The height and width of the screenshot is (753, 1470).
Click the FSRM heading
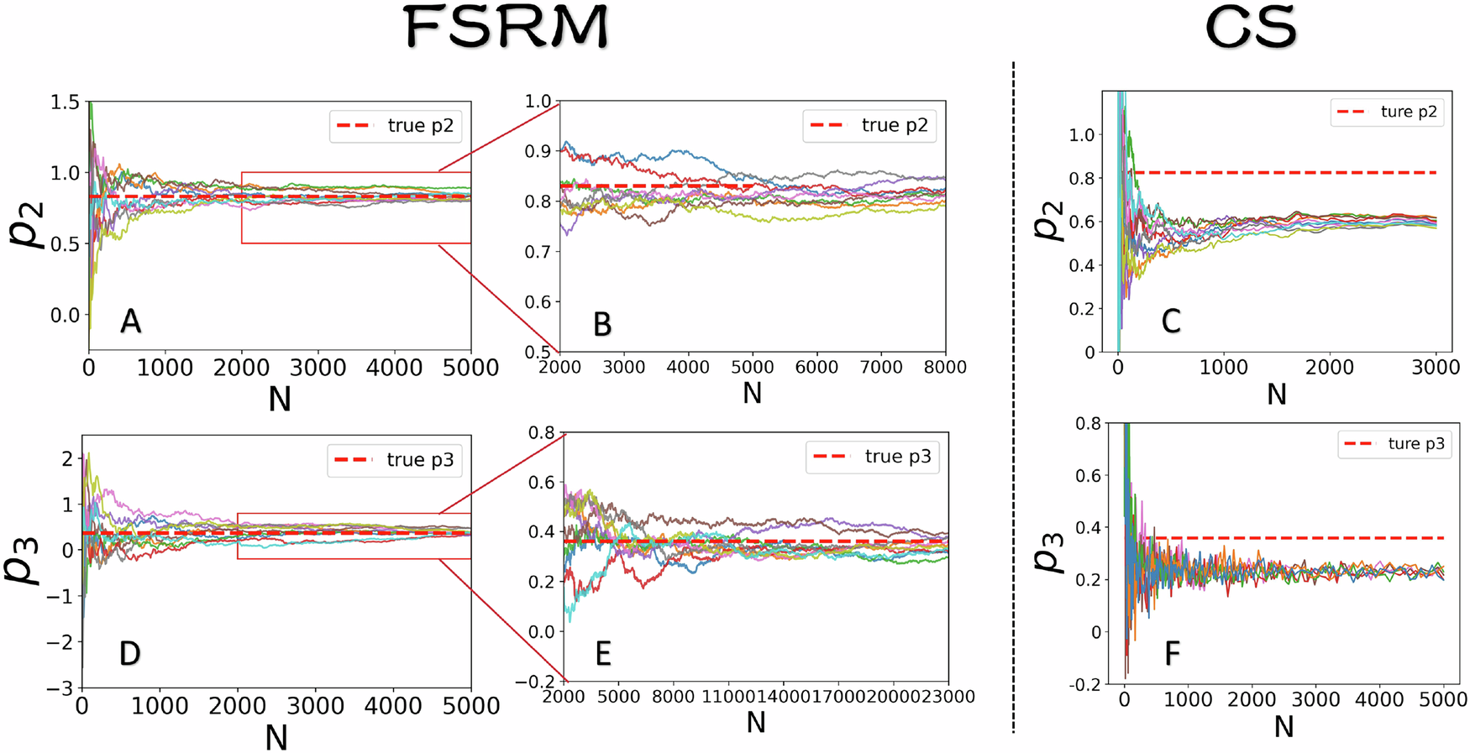[x=507, y=27]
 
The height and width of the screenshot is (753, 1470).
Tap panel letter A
[x=130, y=322]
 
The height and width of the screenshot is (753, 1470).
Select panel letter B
[x=602, y=325]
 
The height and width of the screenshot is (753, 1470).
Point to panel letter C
[x=1171, y=322]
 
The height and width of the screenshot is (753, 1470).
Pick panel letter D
[x=129, y=654]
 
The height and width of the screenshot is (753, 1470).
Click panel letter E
[x=603, y=654]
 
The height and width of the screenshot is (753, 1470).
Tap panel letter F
[x=1172, y=653]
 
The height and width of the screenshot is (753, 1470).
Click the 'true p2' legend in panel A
[x=395, y=126]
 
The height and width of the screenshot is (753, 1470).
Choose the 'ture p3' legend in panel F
[x=1394, y=444]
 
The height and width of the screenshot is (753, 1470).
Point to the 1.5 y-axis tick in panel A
[x=65, y=102]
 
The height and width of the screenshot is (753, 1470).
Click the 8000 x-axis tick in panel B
[x=945, y=368]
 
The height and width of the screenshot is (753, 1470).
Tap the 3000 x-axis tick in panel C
[x=1436, y=368]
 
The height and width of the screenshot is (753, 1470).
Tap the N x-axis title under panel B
[x=752, y=393]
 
